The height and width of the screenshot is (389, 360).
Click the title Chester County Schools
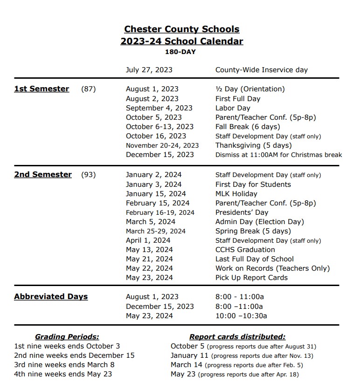pyautogui.click(x=182, y=29)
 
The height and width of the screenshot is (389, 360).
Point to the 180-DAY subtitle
pyautogui.click(x=180, y=52)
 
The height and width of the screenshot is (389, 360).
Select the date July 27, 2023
pyautogui.click(x=149, y=70)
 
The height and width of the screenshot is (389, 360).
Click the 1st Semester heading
pyautogui.click(x=42, y=89)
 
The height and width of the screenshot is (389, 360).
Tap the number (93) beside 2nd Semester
pyautogui.click(x=89, y=175)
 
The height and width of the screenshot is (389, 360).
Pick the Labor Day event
pyautogui.click(x=233, y=108)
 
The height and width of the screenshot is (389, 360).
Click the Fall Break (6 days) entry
pyautogui.click(x=248, y=127)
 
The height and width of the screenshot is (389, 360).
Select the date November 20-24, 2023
pyautogui.click(x=162, y=145)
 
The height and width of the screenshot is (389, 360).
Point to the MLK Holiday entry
pyautogui.click(x=236, y=194)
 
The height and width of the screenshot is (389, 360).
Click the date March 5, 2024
pyautogui.click(x=151, y=222)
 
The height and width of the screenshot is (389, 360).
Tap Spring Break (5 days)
pyautogui.click(x=253, y=231)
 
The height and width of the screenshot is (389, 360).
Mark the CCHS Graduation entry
pyautogui.click(x=245, y=250)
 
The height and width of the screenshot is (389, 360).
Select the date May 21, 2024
pyautogui.click(x=149, y=259)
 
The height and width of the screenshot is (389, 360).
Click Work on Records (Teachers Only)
pyautogui.click(x=272, y=268)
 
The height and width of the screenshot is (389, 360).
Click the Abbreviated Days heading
pyautogui.click(x=51, y=297)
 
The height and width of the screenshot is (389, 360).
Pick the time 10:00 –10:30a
pyautogui.click(x=241, y=316)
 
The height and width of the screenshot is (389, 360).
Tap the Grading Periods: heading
pyautogui.click(x=67, y=337)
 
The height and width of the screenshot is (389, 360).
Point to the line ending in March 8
pyautogui.click(x=64, y=365)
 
